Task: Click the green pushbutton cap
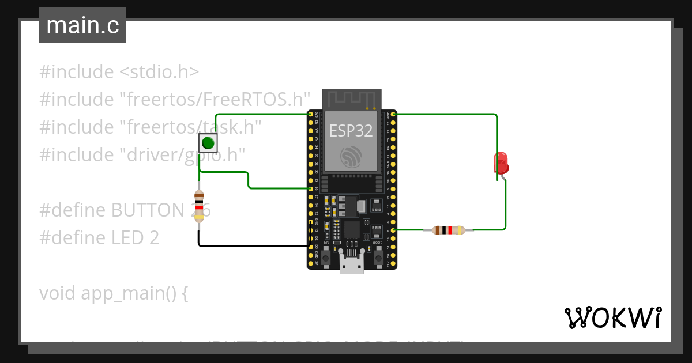click(x=208, y=142)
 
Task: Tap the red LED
click(x=501, y=162)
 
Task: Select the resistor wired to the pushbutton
click(x=199, y=206)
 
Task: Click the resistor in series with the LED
click(x=448, y=230)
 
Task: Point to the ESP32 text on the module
click(x=351, y=131)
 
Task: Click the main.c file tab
click(x=82, y=25)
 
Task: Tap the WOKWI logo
click(x=612, y=317)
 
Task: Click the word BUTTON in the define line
click(x=149, y=210)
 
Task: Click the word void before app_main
click(x=58, y=293)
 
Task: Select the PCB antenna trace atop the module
click(x=351, y=99)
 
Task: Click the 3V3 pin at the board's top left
click(x=311, y=115)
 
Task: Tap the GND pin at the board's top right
click(x=393, y=115)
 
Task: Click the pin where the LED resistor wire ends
click(x=393, y=230)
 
